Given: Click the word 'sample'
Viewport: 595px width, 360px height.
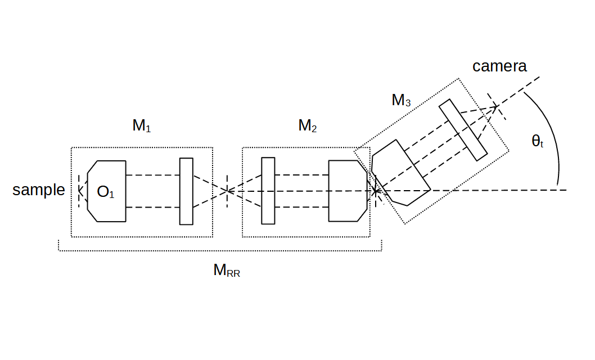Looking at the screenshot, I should (x=39, y=190).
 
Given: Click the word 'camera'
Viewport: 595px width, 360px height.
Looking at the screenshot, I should (x=499, y=66).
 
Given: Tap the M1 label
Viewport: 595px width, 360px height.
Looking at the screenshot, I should (x=141, y=126).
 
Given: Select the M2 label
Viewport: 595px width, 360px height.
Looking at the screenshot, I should (x=307, y=126).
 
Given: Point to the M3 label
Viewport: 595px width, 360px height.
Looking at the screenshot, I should (x=400, y=101).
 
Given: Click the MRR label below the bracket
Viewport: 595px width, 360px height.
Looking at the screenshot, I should (x=226, y=271).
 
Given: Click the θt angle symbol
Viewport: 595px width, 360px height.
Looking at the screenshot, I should (x=537, y=142).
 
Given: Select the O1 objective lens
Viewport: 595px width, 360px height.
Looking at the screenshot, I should (x=107, y=191).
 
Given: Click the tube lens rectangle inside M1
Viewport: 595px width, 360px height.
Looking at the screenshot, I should (x=186, y=191).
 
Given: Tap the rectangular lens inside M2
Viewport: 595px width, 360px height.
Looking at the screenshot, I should (x=268, y=191).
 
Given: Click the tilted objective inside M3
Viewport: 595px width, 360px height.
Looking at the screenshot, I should (x=401, y=172).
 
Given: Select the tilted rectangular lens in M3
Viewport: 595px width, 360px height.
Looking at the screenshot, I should (x=463, y=130).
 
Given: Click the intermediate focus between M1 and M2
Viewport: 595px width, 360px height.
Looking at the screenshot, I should (x=226, y=191).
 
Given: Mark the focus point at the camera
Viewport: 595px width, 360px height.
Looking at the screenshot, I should (x=497, y=106).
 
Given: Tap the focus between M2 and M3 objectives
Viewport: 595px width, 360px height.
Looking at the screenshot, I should (x=376, y=192).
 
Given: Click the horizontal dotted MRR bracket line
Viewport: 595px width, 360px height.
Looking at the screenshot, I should (x=219, y=251).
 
